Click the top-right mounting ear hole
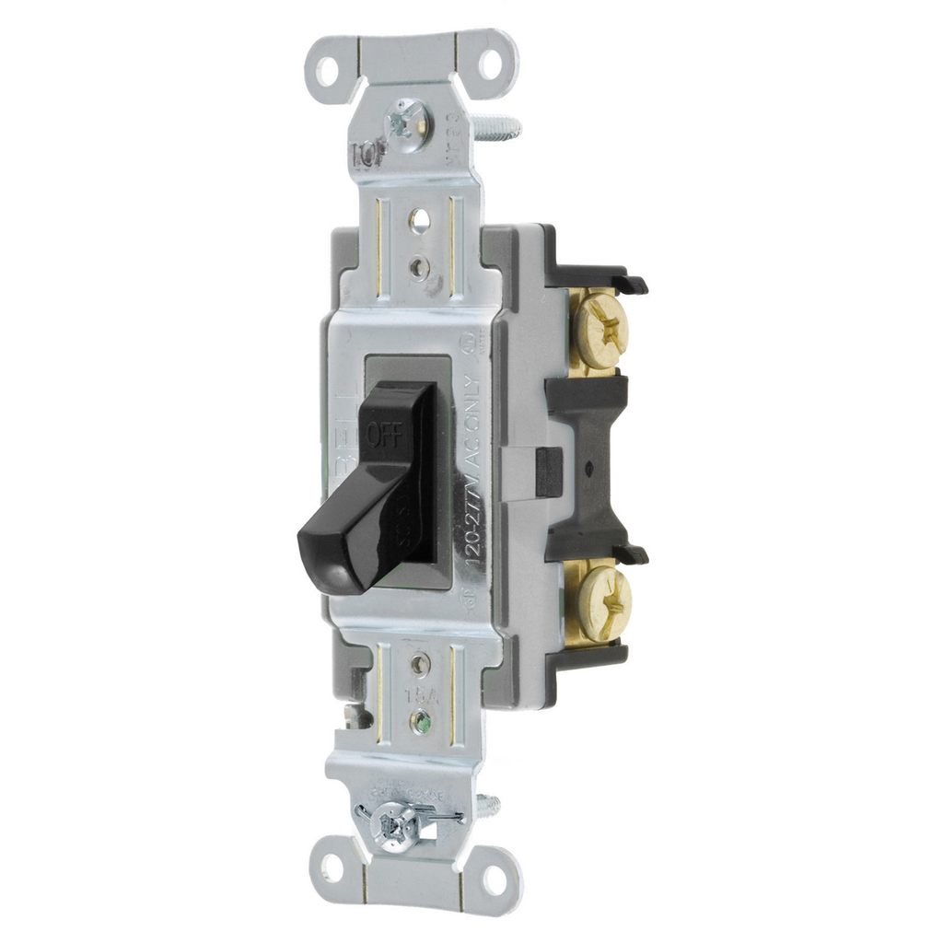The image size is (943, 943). pyautogui.click(x=490, y=64)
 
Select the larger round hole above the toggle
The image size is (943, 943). pyautogui.click(x=419, y=220)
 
